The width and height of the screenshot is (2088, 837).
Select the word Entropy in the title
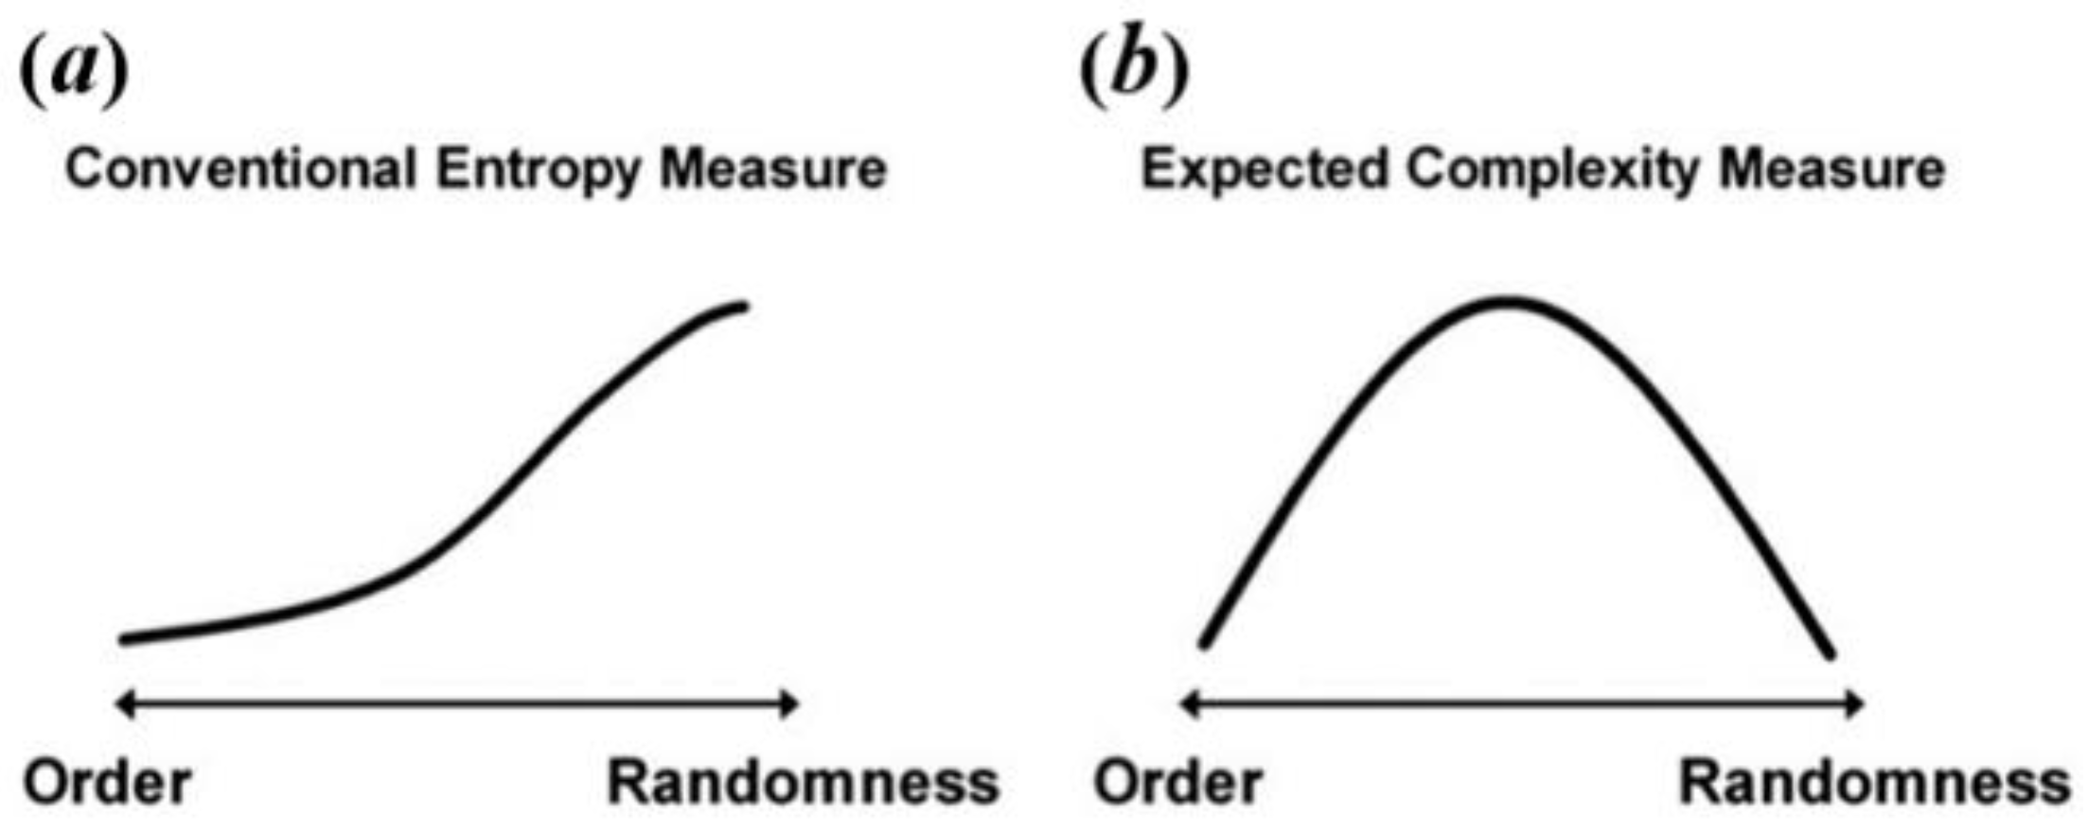[537, 171]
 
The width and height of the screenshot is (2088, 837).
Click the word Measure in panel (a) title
[772, 169]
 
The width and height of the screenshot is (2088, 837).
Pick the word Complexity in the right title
[1551, 171]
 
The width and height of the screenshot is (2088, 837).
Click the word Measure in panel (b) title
[1831, 169]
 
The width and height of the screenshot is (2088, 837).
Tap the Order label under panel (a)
[107, 783]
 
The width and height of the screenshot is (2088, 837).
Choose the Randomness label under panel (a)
[803, 783]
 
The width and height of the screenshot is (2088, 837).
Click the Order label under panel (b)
[1177, 783]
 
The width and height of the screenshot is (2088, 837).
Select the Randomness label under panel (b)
[1874, 783]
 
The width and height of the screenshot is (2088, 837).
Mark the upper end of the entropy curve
[742, 307]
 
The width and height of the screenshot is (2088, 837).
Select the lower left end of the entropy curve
[125, 639]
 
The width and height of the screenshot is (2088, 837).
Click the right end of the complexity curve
[1830, 653]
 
